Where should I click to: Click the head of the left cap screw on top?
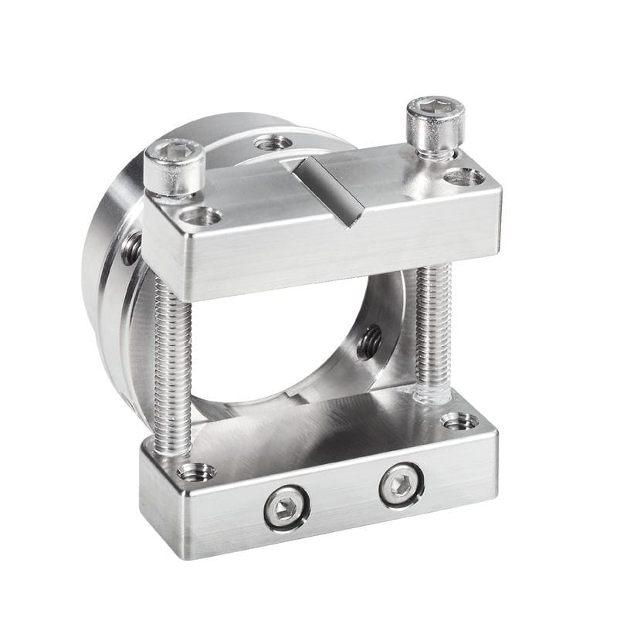[175, 166]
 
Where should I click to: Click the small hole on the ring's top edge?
[273, 143]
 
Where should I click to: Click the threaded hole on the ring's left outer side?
[132, 248]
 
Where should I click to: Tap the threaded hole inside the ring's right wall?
[370, 341]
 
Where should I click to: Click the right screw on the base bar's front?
[401, 485]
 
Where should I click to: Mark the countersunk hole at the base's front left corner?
[195, 471]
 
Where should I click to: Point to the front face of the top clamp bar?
[324, 247]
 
